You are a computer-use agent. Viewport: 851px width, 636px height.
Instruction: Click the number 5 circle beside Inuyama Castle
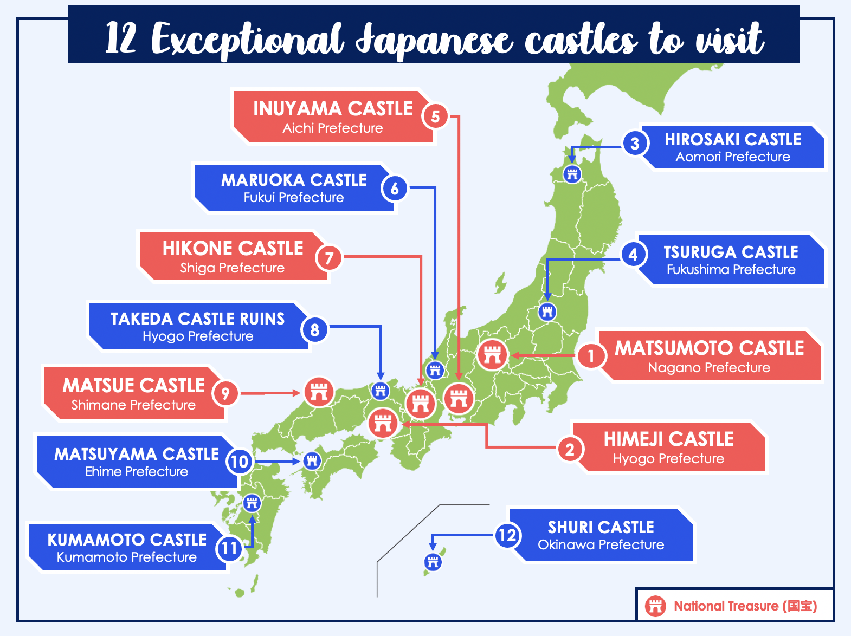(x=435, y=116)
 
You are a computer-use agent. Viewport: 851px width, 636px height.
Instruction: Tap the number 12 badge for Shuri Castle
(x=507, y=536)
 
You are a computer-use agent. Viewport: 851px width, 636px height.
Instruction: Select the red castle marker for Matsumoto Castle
(x=492, y=355)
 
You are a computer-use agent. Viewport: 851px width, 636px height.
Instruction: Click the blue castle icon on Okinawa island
(x=433, y=562)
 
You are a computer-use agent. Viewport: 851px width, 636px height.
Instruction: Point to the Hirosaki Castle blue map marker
(x=572, y=174)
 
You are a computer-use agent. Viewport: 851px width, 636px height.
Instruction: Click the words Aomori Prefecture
(x=732, y=157)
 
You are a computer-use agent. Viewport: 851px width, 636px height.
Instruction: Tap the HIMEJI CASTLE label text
(x=668, y=439)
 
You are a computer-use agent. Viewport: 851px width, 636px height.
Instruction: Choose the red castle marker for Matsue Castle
(x=319, y=392)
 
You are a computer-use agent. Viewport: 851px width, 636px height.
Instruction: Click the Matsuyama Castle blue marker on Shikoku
(x=312, y=461)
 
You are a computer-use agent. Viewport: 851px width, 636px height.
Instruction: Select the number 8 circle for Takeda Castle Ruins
(x=315, y=329)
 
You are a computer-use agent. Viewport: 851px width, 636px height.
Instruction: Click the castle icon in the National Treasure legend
(x=655, y=606)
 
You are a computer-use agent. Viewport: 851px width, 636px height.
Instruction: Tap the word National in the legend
(x=698, y=606)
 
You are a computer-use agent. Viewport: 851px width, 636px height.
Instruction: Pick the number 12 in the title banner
(x=120, y=39)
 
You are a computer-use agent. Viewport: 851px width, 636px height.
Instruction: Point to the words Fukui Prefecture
(x=293, y=198)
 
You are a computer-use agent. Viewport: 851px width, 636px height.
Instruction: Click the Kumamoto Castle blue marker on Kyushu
(x=252, y=503)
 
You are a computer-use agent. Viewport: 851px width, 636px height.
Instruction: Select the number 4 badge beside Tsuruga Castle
(x=633, y=254)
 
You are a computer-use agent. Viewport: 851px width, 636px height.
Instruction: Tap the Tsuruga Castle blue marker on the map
(x=547, y=311)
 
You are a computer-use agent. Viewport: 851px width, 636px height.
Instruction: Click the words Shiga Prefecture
(x=232, y=268)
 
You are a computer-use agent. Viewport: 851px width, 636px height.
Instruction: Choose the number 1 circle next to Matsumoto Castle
(x=591, y=356)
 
